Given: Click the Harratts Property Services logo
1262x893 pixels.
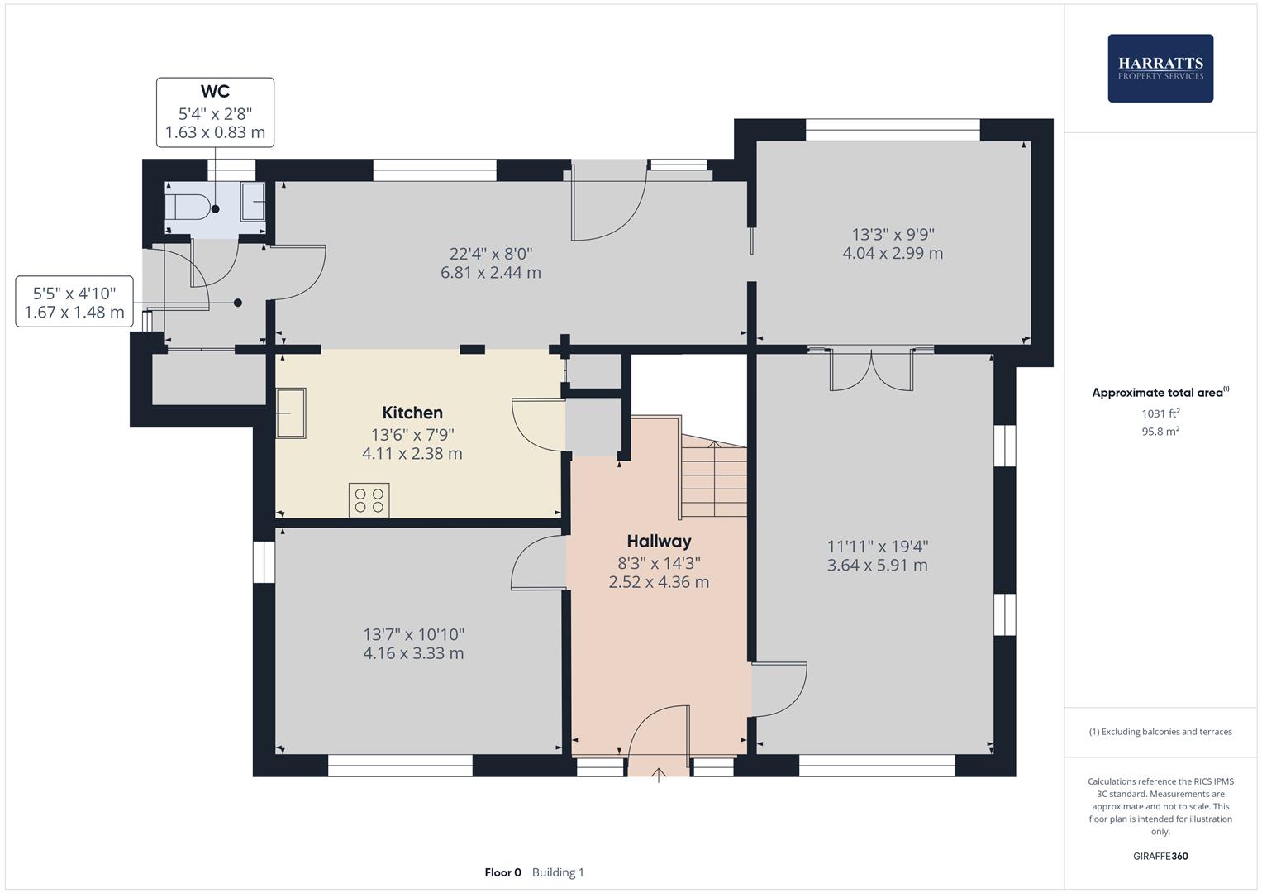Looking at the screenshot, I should [1160, 68].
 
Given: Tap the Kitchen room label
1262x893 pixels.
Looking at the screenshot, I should [412, 413].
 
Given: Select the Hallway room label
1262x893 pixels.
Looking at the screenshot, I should [659, 542].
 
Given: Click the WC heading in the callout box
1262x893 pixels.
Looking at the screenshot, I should [215, 92].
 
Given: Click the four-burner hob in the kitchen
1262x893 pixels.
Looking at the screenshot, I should [369, 500].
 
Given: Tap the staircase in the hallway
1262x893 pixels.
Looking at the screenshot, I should [713, 480].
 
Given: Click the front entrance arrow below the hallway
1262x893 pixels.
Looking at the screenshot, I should [659, 775].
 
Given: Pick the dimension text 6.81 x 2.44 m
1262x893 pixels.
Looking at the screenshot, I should [491, 273].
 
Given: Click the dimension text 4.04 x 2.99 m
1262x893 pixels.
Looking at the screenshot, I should [893, 254].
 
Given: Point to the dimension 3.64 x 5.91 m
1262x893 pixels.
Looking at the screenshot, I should [877, 566].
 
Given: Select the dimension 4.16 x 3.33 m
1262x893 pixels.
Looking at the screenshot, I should [413, 653].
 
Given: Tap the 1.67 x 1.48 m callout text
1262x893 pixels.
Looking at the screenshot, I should [74, 313].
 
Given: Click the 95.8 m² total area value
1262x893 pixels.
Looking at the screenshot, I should [1160, 431].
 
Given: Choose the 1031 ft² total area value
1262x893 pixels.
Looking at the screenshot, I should [1160, 413].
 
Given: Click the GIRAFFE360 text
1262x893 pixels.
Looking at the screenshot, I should [1160, 856].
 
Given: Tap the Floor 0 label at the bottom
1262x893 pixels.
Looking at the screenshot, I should [502, 872].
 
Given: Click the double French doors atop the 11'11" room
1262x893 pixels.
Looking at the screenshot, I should [871, 370].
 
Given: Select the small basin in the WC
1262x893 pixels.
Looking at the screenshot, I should [253, 203].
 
